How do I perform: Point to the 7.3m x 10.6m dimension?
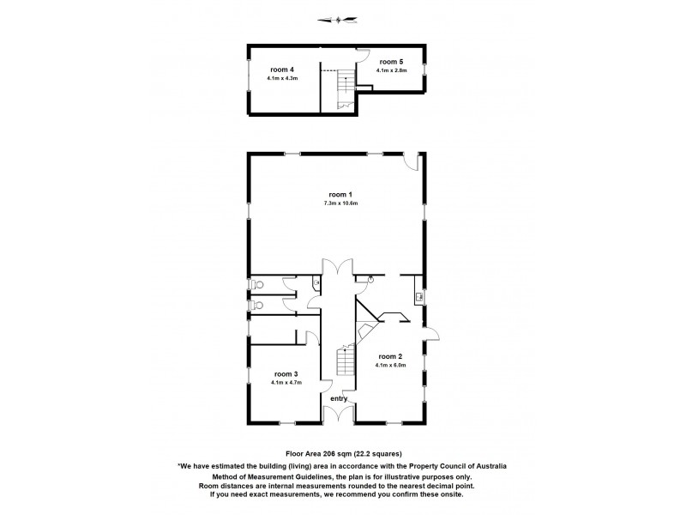click(x=340, y=203)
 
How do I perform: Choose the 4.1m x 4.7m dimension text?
click(x=286, y=383)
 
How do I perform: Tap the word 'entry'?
click(x=340, y=397)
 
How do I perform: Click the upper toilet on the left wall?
click(x=255, y=285)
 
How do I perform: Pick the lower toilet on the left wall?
click(x=255, y=304)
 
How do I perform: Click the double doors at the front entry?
click(x=340, y=413)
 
